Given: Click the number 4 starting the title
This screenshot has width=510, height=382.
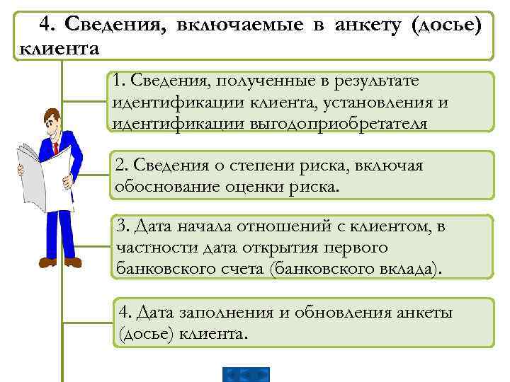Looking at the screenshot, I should tap(46, 25).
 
